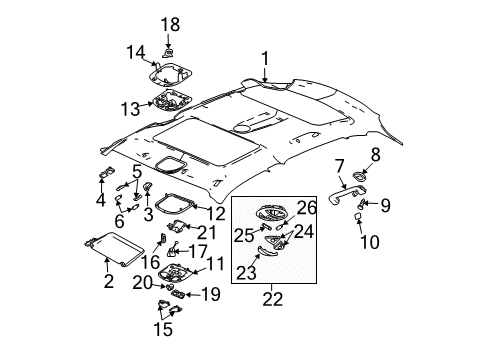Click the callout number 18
(x=171, y=22)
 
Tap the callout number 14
(x=135, y=53)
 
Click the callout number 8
(x=376, y=154)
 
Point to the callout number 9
(x=388, y=205)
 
